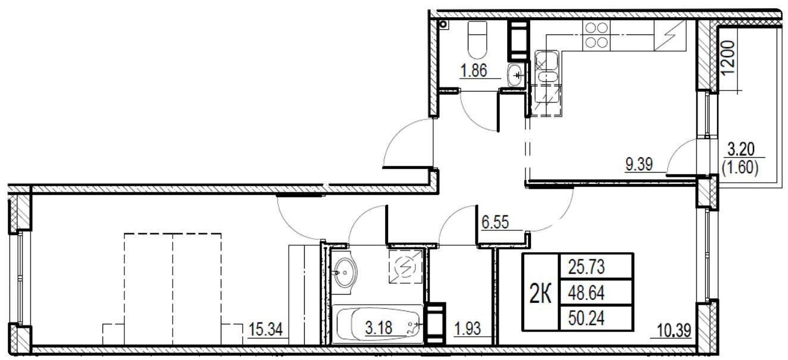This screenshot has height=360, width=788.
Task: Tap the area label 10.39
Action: point(674,328)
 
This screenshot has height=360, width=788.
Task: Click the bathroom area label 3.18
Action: point(382,328)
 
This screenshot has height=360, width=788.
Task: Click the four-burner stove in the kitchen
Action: point(596,34)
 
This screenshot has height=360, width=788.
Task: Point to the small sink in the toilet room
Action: point(515,76)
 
